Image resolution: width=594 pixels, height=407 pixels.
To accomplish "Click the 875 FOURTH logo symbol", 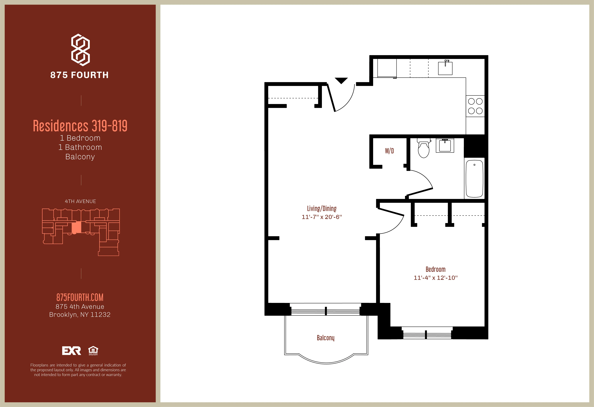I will click(80, 50).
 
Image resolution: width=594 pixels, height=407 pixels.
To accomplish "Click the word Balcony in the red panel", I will click(80, 157).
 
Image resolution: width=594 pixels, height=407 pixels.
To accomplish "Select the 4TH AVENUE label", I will click(80, 201).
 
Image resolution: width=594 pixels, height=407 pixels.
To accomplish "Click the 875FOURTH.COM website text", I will click(80, 297).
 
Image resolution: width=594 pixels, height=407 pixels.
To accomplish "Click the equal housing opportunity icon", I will click(93, 350).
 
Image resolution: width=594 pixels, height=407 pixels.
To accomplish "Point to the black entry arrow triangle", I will click(341, 80).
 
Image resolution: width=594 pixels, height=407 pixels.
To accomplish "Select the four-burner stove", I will click(475, 106).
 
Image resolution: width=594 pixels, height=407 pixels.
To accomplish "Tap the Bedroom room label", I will click(435, 269).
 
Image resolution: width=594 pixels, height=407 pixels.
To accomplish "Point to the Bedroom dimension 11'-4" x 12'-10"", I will click(435, 278).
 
